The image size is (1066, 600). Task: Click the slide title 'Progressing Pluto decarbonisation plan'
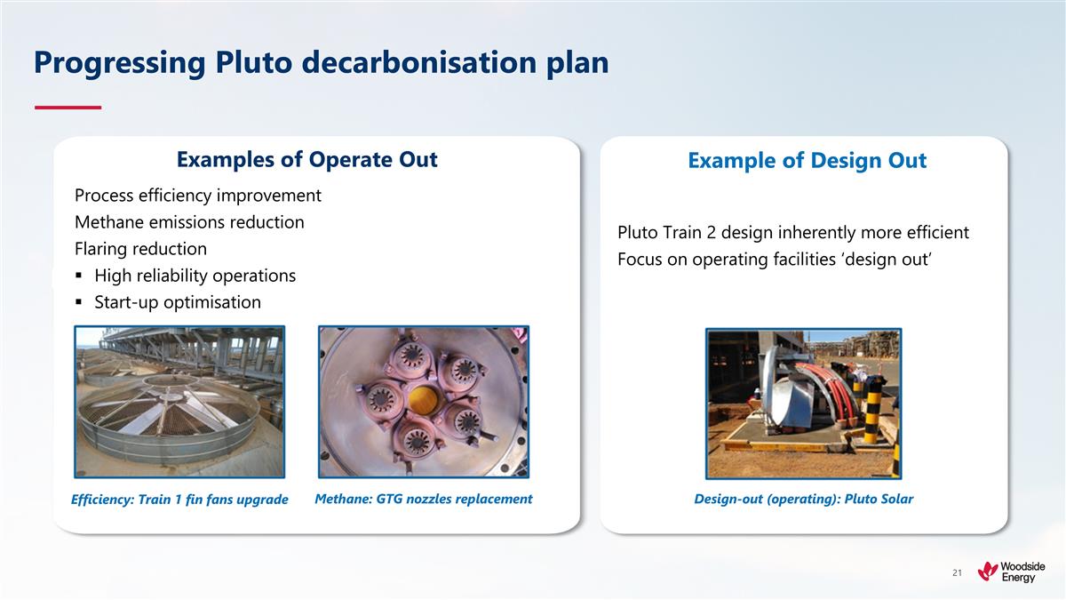coord(321,62)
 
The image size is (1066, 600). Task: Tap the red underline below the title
coord(68,108)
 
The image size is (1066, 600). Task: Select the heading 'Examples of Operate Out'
coord(306,159)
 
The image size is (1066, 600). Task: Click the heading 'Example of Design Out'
coord(807,160)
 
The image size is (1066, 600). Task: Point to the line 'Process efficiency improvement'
coord(198,195)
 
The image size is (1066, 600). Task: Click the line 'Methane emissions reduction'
coord(189,222)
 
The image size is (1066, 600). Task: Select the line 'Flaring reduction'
coord(140,249)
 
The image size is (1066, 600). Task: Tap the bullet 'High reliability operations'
coord(195,276)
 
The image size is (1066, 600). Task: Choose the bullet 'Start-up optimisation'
coord(178,302)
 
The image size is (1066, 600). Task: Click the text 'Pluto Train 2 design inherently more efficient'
coord(792,233)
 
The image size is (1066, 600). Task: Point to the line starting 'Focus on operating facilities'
coord(773,260)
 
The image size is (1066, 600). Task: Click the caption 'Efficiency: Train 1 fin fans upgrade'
coord(179,500)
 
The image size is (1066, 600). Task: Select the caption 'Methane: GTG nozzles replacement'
coord(424,499)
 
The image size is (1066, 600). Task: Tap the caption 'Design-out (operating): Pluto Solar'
coord(803,499)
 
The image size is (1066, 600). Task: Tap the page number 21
coord(957,573)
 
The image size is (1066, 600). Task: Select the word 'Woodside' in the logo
coord(1023,566)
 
